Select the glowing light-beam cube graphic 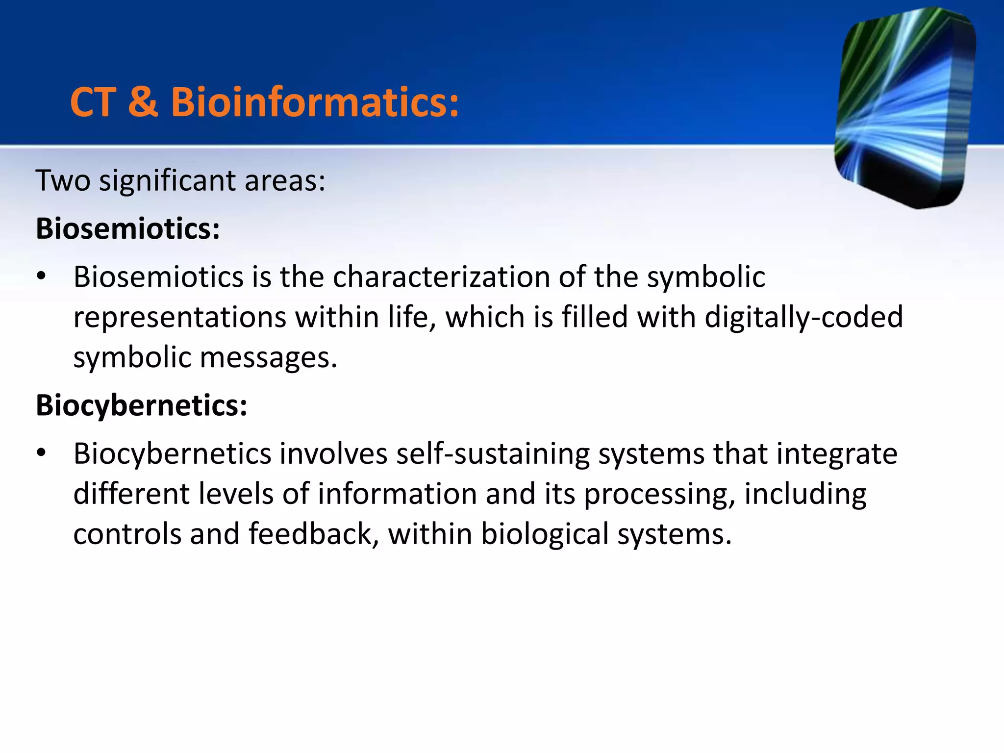(x=904, y=108)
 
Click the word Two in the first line (x=63, y=180)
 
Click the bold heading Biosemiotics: (x=128, y=228)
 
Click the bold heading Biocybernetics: (x=142, y=405)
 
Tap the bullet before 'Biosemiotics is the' (x=42, y=277)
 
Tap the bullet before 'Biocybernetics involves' (x=42, y=453)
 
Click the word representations (x=179, y=317)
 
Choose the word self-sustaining (x=493, y=453)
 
